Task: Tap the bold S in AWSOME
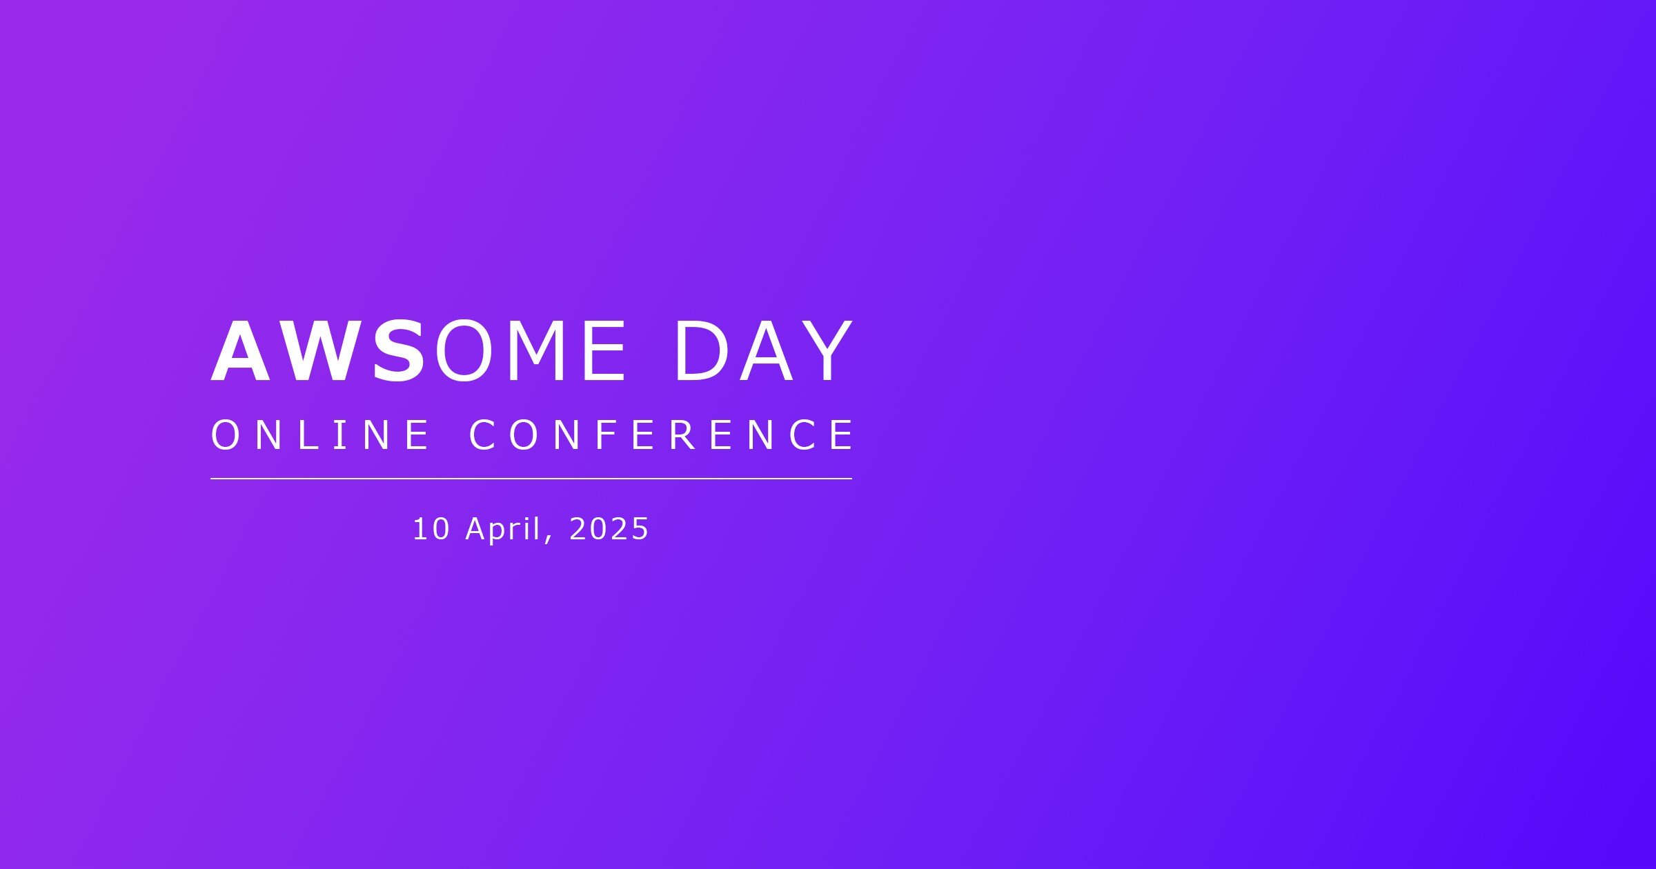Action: tap(399, 351)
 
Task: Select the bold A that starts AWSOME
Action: tap(242, 351)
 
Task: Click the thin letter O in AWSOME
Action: tap(463, 351)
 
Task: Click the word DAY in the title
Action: tap(764, 351)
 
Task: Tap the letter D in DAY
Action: tap(702, 351)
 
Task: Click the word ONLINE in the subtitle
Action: tap(320, 435)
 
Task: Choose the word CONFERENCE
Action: tap(661, 435)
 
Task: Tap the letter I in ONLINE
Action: tap(340, 435)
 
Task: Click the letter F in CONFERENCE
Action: tap(604, 435)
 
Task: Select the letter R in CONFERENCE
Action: tap(683, 435)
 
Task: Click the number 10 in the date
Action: tap(431, 529)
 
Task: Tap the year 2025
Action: tap(609, 529)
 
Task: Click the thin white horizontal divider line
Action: tap(531, 478)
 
